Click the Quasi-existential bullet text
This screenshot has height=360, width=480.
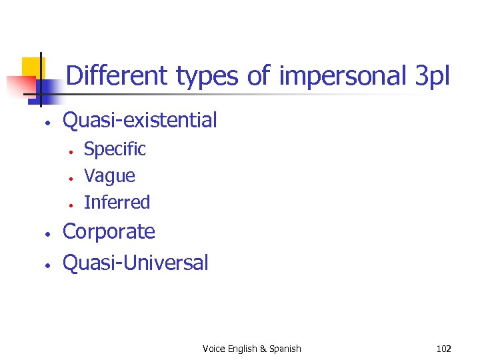139,121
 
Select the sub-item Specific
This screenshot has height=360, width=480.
115,149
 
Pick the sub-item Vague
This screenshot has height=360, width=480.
109,176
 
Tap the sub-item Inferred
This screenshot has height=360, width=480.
117,202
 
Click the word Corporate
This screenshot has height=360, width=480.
109,232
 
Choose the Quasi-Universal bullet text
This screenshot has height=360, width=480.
135,263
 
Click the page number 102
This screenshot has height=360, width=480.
443,349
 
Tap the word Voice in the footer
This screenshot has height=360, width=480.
213,349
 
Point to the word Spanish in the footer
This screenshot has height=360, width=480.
285,349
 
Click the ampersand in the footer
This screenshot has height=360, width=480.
263,349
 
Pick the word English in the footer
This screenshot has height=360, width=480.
243,349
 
